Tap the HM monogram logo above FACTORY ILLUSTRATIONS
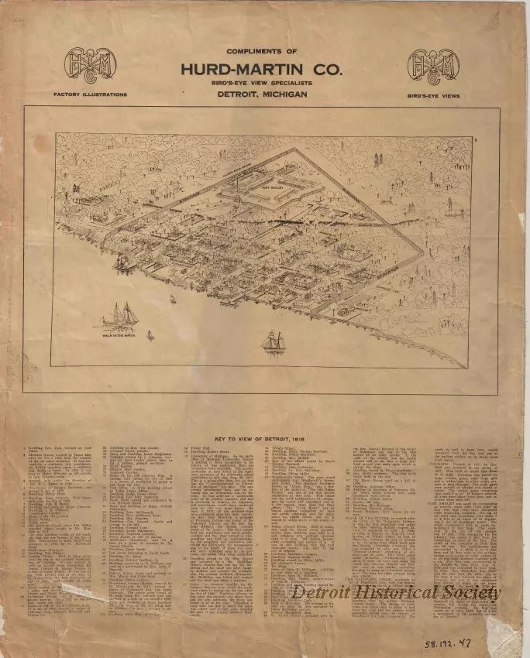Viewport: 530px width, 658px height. (x=90, y=65)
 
